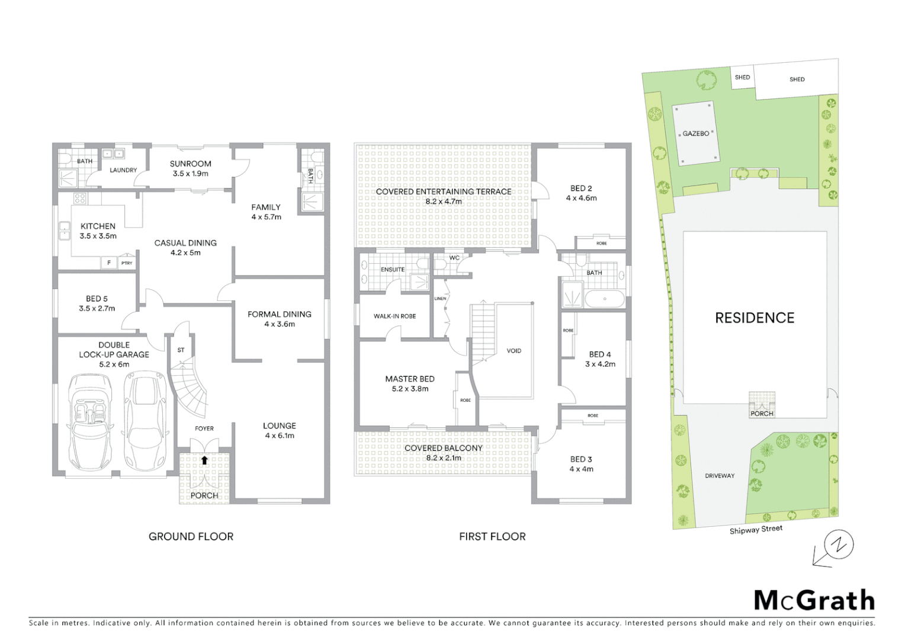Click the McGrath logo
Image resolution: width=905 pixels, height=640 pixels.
coord(814,600)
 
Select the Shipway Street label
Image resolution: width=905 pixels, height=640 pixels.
coord(756,530)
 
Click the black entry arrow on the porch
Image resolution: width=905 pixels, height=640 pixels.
coord(204,460)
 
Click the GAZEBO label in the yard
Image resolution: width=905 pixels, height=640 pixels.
coord(695,133)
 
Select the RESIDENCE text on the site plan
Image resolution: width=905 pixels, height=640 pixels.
coord(755,318)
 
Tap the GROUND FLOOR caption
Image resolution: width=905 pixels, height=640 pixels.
coord(191,536)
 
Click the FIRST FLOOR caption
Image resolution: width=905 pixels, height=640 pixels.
coord(492,536)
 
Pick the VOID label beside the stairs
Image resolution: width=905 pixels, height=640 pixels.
coord(514,351)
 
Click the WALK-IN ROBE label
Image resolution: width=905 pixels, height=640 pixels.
coord(394,316)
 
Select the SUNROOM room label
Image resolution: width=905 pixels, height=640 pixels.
coord(190,164)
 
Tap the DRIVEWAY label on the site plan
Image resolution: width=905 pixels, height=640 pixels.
coord(720,476)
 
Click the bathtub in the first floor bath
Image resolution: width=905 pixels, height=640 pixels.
coord(604,299)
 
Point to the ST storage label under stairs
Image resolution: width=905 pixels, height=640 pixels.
coord(181,350)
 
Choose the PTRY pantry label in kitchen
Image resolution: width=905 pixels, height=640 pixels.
coord(127,263)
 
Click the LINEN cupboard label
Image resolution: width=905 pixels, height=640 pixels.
coord(440,299)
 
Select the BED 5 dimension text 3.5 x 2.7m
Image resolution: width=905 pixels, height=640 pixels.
coord(97,309)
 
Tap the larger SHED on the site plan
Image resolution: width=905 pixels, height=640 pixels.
coord(797,79)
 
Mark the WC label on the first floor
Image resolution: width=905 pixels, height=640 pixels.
coord(454,258)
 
